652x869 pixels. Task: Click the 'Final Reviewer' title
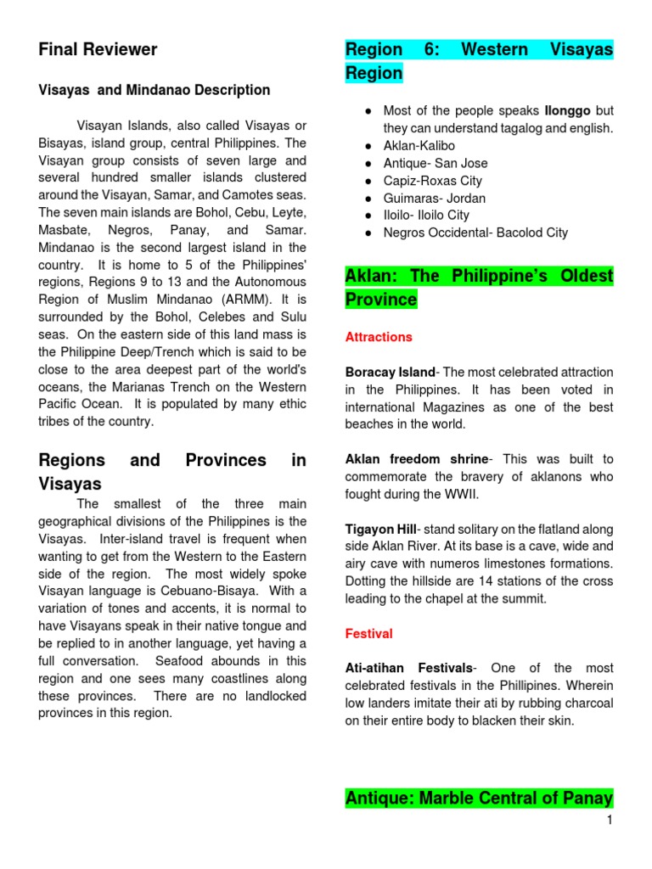click(x=98, y=50)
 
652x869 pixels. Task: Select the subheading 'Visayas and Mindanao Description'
click(x=155, y=90)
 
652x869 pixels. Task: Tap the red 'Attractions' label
click(x=379, y=337)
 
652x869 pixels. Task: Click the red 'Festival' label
click(x=368, y=634)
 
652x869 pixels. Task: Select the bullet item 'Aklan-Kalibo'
click(x=419, y=146)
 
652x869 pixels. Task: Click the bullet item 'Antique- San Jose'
click(x=436, y=163)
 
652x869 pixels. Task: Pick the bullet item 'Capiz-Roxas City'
click(x=433, y=181)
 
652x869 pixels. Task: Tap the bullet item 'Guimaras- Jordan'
click(x=435, y=198)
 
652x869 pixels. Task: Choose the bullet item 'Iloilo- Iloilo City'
click(x=426, y=216)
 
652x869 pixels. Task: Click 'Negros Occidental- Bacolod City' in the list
click(x=475, y=233)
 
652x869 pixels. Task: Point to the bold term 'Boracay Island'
click(x=390, y=372)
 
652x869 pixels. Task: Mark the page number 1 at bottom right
click(x=609, y=820)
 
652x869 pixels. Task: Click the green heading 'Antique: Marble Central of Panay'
click(x=479, y=799)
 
